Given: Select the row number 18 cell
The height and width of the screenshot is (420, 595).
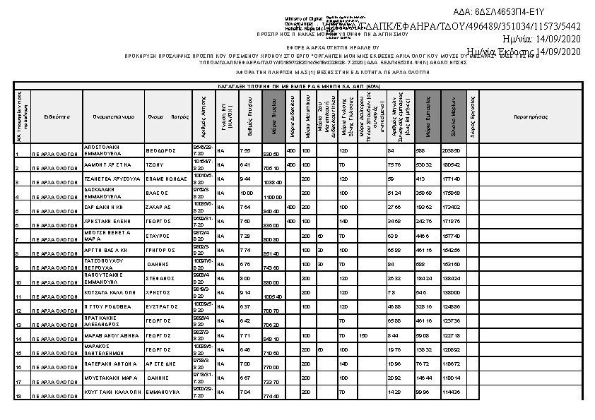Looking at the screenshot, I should (x=18, y=397).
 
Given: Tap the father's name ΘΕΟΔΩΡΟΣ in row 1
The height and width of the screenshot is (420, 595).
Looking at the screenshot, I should (x=160, y=150).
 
